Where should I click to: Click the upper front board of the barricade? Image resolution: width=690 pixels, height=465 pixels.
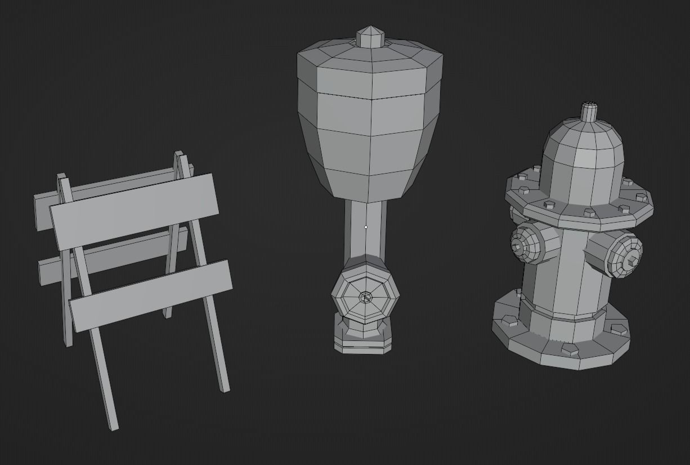click(135, 211)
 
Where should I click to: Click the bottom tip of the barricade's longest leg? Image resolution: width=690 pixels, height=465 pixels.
click(114, 427)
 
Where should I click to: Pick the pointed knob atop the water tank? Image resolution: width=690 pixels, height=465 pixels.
click(370, 37)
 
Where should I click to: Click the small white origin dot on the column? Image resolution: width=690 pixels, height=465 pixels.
click(366, 227)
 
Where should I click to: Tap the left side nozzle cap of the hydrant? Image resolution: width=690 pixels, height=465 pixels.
click(523, 244)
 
